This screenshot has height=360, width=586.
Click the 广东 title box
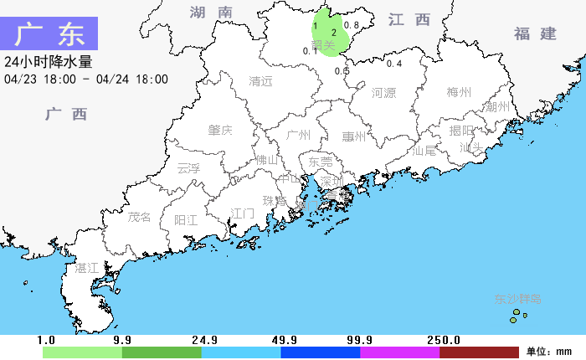pyautogui.click(x=50, y=34)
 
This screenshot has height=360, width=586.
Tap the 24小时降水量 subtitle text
pyautogui.click(x=48, y=62)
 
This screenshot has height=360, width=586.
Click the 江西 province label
pyautogui.click(x=409, y=19)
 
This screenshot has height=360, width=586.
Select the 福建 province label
pyautogui.click(x=535, y=33)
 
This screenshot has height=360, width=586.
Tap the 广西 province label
pyautogui.click(x=66, y=114)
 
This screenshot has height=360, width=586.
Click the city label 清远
pyautogui.click(x=261, y=81)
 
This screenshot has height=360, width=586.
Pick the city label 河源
pyautogui.click(x=383, y=92)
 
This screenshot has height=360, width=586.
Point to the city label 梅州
pyautogui.click(x=459, y=92)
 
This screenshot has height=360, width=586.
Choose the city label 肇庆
pyautogui.click(x=220, y=130)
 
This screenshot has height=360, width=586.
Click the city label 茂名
pyautogui.click(x=140, y=217)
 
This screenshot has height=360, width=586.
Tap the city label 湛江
pyautogui.click(x=87, y=268)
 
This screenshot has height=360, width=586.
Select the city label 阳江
pyautogui.click(x=186, y=220)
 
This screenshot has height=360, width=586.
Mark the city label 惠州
pyautogui.click(x=354, y=136)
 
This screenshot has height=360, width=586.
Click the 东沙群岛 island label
pyautogui.click(x=518, y=299)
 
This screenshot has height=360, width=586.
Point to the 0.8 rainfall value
pyautogui.click(x=352, y=25)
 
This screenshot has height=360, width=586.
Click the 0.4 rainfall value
pyautogui.click(x=394, y=64)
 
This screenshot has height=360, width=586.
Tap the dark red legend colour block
pyautogui.click(x=479, y=352)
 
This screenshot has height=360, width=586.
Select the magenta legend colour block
pyautogui.click(x=399, y=352)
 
